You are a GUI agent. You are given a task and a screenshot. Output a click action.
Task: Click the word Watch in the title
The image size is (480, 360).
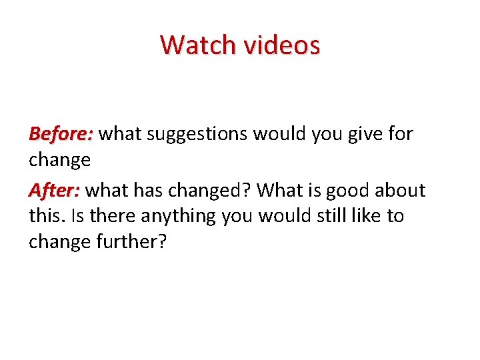[x=197, y=45]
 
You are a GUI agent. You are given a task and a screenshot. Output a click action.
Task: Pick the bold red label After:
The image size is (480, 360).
[x=54, y=190]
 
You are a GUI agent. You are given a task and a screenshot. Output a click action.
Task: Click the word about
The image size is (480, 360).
[x=399, y=190]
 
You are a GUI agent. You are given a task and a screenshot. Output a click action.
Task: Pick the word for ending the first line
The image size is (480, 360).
[x=399, y=134]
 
